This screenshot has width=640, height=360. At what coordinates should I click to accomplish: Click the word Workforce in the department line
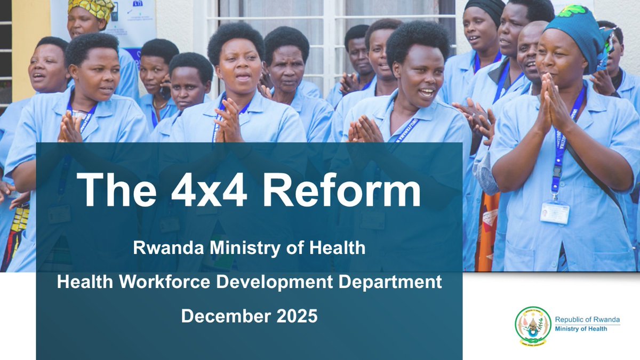[172, 282]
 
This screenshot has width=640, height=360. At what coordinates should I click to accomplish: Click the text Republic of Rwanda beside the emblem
[587, 319]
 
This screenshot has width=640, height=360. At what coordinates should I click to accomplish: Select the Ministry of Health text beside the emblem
[580, 329]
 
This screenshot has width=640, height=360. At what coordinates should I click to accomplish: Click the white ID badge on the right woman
[555, 212]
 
